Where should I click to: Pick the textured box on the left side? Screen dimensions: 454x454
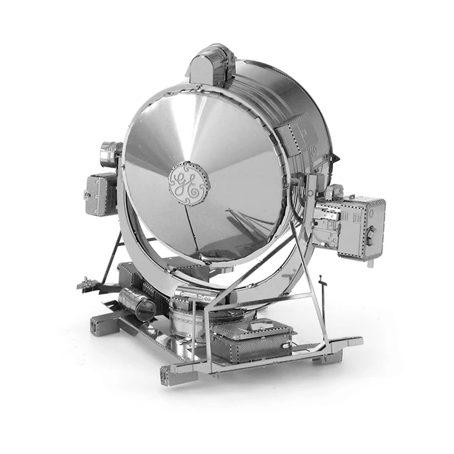click(x=101, y=194)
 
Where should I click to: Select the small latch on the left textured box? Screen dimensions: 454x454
click(x=86, y=194)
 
